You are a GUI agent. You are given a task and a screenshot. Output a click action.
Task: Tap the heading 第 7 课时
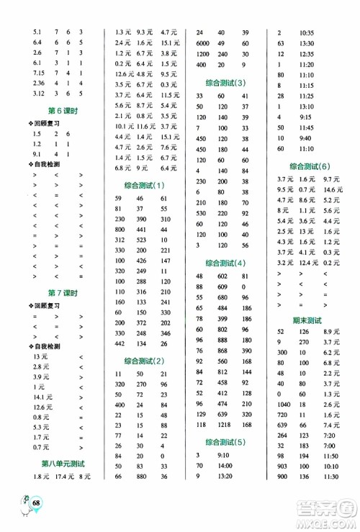pos(63,293)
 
